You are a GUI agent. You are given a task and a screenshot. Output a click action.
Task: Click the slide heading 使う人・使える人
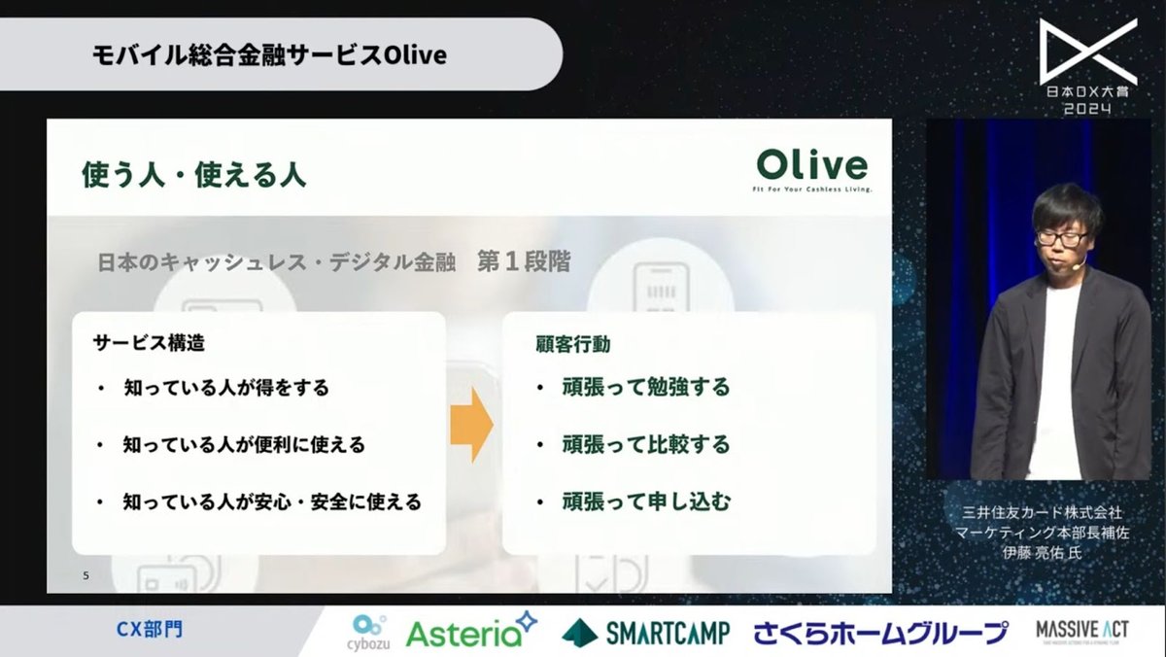pyautogui.click(x=193, y=175)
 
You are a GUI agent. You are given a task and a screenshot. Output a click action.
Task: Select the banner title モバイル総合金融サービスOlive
pyautogui.click(x=269, y=55)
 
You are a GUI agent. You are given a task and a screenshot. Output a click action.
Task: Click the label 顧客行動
pyautogui.click(x=573, y=343)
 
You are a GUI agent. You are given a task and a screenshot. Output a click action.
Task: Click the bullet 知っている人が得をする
pyautogui.click(x=225, y=387)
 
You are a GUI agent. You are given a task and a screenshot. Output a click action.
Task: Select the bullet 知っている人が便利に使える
pyautogui.click(x=244, y=444)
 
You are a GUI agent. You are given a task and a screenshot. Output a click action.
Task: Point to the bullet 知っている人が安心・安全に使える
pyautogui.click(x=272, y=501)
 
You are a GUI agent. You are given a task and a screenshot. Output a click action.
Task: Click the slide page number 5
pyautogui.click(x=86, y=576)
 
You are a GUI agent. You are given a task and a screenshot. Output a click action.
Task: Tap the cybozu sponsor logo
pyautogui.click(x=369, y=632)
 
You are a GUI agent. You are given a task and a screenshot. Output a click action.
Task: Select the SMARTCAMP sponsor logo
pyautogui.click(x=645, y=633)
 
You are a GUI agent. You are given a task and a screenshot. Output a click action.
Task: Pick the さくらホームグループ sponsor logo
pyautogui.click(x=880, y=633)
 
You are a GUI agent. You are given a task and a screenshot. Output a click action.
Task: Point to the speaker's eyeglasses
pyautogui.click(x=1060, y=236)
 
